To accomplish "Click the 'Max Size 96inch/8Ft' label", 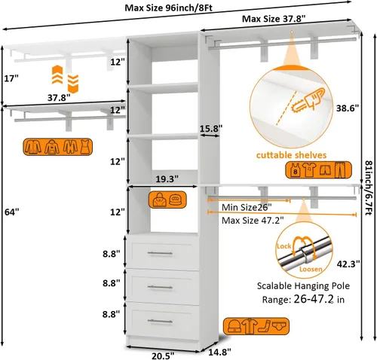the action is pos(169,8).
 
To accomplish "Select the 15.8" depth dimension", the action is pos(211,129).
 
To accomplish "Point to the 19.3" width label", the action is pos(167,179).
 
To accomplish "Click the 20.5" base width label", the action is pos(163,355).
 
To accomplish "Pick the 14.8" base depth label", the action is pos(219,352).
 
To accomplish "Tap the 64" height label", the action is pos(12,212).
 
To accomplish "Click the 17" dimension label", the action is pos(11,78).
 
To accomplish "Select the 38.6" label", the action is pos(348,108).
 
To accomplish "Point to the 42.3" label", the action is pos(348,264).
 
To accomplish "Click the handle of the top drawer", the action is pos(160,253).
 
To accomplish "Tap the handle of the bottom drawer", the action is pos(160,321).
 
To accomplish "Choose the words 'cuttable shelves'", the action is pos(291,155).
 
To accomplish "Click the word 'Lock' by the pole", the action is pos(284,246).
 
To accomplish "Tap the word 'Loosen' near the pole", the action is pos(311,269).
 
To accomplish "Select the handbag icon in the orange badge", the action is pos(158,200).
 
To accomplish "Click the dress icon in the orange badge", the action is pos(84,146).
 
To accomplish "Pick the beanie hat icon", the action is pos(233,326).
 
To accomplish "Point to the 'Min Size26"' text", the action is pos(247,208).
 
